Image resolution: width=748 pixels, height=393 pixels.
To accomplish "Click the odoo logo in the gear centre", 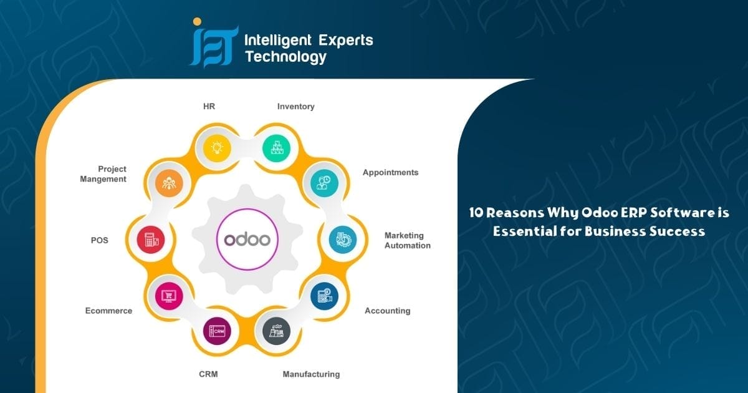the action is pos(247,240).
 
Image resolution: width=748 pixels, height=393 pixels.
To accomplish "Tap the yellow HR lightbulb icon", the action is pos(217,148).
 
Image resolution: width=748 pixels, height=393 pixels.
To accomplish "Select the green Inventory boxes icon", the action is pos(276,148).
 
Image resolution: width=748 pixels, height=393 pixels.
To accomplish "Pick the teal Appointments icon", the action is pos(324,183).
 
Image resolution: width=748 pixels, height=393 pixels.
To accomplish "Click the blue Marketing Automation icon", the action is pos(343,240).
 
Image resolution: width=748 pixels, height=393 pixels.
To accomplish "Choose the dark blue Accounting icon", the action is pos(324,296).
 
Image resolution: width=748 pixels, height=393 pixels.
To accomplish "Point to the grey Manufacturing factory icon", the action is pos(276,331).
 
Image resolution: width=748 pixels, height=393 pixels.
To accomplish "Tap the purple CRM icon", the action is pos(217,331).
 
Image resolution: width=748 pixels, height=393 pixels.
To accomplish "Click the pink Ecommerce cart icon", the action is pos(169,296).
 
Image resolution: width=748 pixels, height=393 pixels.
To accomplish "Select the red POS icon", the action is pos(151,240).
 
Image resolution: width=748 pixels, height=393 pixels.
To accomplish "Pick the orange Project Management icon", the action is pos(169,183).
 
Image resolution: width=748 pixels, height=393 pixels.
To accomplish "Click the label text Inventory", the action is pos(296,107).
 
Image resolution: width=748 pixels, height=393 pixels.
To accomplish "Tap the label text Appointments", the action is pos(390,172).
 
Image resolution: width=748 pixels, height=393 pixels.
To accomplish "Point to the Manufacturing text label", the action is pos(311,374).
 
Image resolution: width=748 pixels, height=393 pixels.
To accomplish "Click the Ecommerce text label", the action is pos(109,311).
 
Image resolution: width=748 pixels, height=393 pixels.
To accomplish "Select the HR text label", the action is pos(209,106).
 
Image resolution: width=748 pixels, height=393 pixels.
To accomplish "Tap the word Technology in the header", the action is pos(285,57).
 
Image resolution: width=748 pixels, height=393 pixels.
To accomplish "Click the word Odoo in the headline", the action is pos(600,213).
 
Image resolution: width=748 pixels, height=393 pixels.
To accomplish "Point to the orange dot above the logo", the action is pos(198,22).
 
